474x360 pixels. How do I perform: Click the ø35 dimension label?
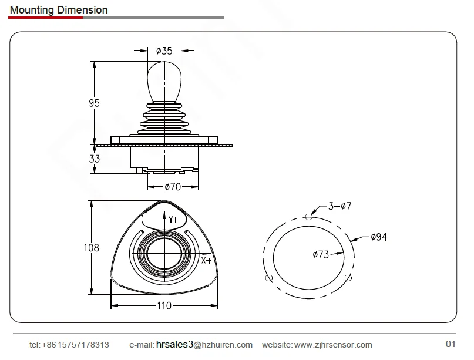coord(164,51)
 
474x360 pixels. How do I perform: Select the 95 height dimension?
coord(94,103)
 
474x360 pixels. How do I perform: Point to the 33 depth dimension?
coord(95,159)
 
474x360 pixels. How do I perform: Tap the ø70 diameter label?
coord(172,187)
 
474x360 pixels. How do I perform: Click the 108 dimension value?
coord(91,248)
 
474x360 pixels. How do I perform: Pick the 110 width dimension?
coord(164,305)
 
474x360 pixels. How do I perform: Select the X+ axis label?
coord(206,260)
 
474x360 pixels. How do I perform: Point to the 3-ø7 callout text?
coord(339,206)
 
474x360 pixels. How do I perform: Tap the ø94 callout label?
coord(378,237)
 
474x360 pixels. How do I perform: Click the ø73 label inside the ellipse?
coord(321,254)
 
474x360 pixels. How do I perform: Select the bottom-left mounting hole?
coord(269,278)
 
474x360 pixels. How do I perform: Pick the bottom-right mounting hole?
coord(348,277)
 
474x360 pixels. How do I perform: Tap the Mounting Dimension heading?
coord(59,10)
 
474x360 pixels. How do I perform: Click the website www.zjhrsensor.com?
coord(332,345)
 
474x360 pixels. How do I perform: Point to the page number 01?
coord(451,344)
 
